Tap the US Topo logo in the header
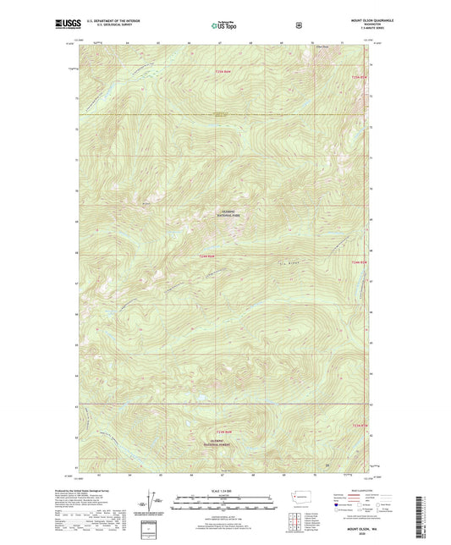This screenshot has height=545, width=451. (225, 25)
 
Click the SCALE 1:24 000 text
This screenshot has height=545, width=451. (223, 491)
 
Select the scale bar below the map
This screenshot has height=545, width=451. (223, 506)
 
